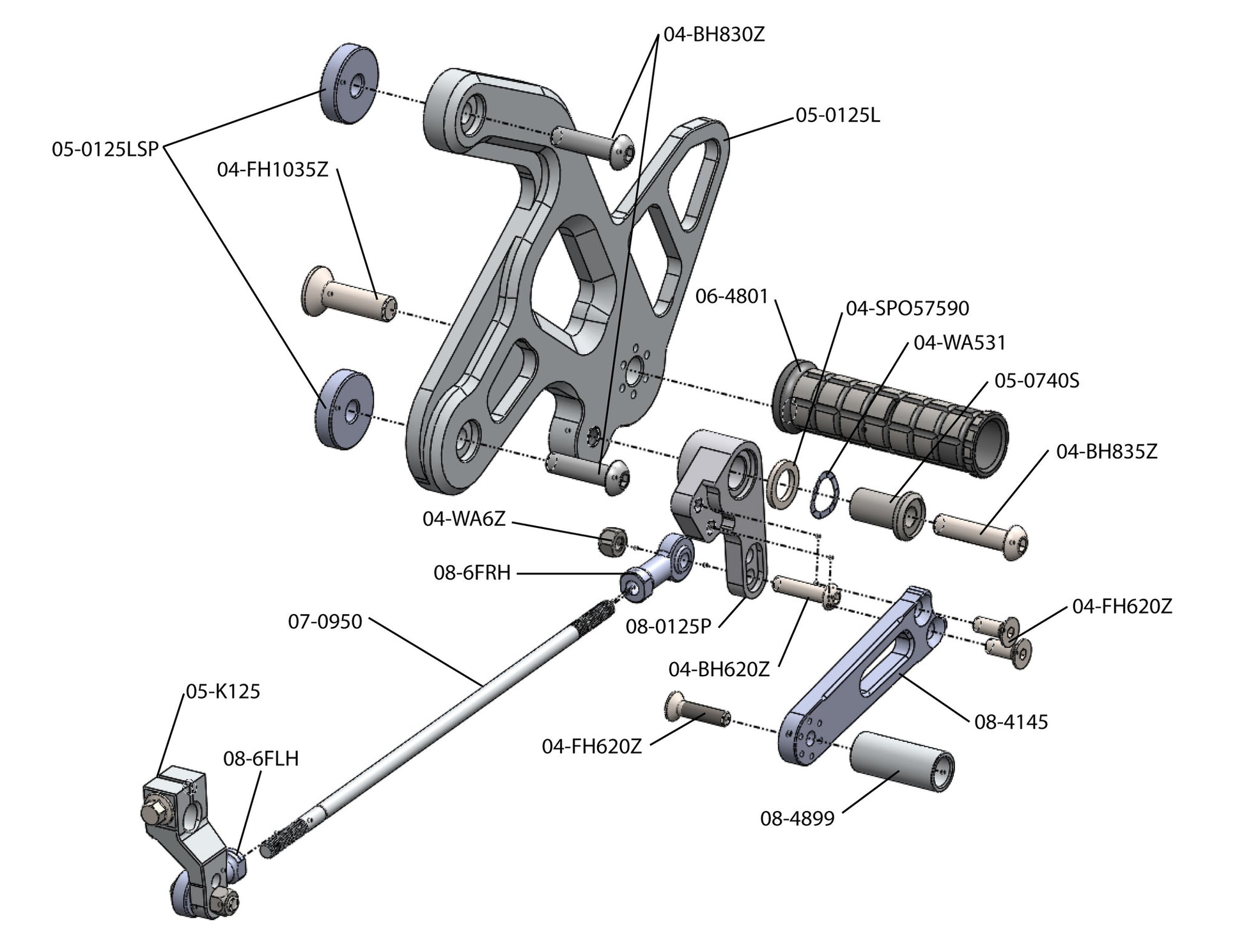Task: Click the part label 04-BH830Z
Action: (x=713, y=35)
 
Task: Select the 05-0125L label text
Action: (x=837, y=116)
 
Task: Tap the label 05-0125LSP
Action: (x=105, y=150)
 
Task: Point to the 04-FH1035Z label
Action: (x=272, y=170)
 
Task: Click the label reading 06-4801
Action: (x=731, y=297)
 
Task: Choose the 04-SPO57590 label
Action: (x=907, y=308)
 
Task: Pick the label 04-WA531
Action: (x=960, y=343)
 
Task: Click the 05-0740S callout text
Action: (x=1036, y=381)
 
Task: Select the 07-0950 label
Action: (x=325, y=621)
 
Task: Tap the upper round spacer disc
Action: (x=349, y=84)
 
